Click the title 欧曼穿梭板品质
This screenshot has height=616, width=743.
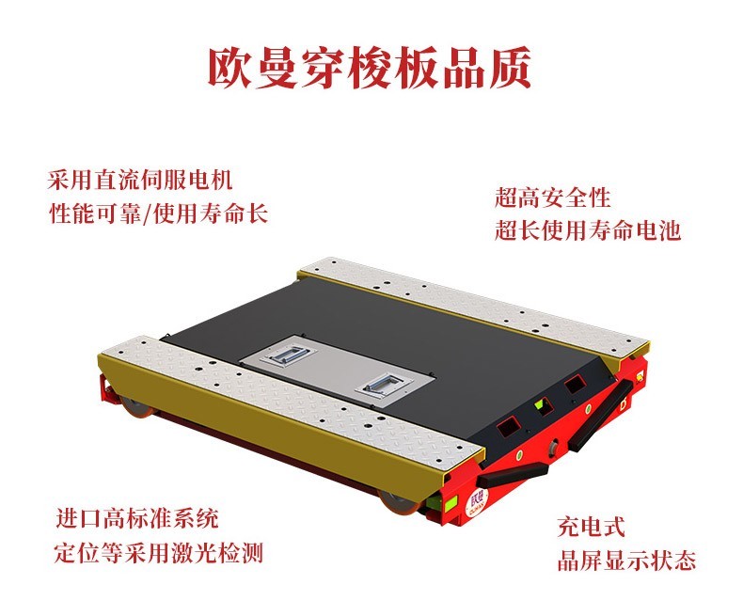click(370, 68)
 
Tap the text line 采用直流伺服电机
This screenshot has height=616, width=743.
click(140, 180)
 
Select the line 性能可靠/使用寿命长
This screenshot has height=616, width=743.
click(159, 213)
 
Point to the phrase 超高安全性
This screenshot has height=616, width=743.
click(552, 197)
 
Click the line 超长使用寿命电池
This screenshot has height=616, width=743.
click(588, 230)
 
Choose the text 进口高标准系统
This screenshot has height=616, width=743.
click(137, 518)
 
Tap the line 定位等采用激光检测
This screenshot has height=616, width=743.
click(159, 552)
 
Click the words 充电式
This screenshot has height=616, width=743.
click(592, 527)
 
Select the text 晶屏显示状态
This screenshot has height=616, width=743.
click(626, 561)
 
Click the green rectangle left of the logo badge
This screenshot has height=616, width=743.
click(446, 502)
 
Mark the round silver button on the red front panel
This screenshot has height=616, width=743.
click(552, 447)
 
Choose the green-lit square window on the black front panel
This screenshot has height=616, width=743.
click(541, 405)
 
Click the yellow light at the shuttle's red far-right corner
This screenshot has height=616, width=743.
click(640, 376)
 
